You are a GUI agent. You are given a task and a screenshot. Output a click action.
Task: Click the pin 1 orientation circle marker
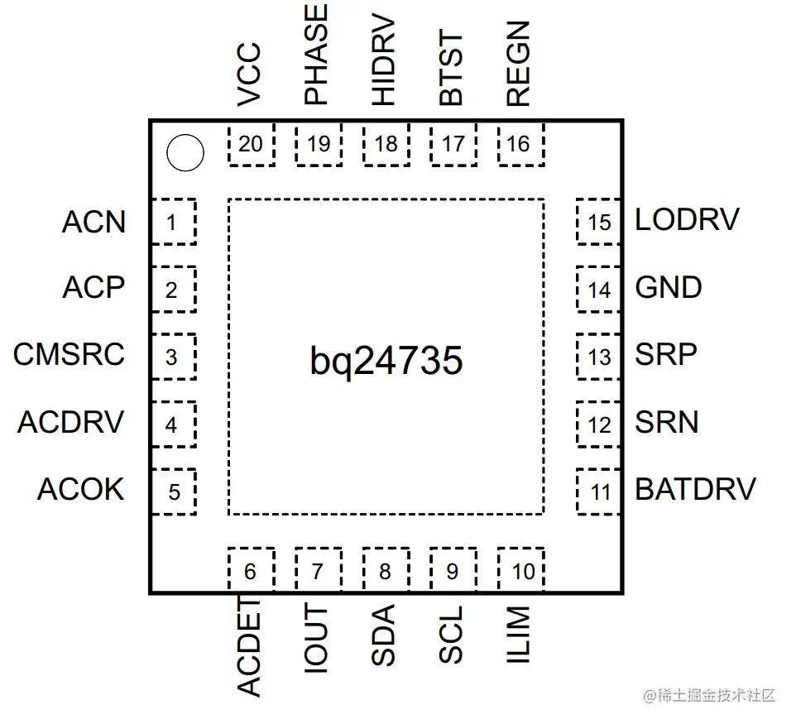185,153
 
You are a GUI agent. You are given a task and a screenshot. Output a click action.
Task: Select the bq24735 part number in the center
386,362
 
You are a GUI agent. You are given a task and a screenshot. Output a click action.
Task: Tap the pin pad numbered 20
252,144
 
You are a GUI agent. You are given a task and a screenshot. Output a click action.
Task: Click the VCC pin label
249,74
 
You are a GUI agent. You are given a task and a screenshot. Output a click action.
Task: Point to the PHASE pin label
316,55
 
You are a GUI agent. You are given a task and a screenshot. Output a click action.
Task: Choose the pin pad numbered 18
386,144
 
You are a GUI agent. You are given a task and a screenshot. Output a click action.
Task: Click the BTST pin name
451,68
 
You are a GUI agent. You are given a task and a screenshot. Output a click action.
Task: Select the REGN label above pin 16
518,64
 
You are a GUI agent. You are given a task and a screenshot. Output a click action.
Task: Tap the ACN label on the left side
94,222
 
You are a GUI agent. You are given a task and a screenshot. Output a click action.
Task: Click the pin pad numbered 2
174,289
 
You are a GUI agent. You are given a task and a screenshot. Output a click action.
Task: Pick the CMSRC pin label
69,354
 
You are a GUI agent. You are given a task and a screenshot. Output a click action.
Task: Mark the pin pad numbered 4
174,424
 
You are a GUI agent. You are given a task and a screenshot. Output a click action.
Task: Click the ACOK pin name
81,489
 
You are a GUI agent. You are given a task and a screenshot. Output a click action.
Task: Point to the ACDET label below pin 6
249,646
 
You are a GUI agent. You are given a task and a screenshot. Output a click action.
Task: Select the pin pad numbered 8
386,569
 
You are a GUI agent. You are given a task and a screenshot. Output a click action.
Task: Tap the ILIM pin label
518,635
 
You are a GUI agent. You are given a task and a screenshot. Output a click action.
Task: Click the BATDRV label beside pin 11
696,489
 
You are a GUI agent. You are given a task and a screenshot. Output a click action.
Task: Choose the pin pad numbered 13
598,357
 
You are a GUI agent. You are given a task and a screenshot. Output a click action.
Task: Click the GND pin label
669,287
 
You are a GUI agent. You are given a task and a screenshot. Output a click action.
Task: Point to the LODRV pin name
688,220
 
